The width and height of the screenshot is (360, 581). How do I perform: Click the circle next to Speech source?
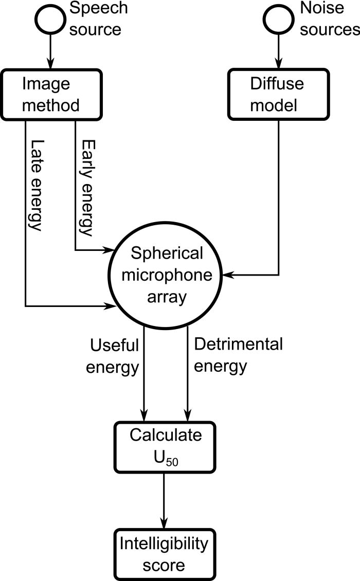(49, 19)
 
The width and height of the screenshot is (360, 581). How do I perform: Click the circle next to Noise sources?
(278, 19)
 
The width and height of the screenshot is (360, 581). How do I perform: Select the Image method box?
(49, 95)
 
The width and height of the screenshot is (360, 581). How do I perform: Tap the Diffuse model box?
(278, 95)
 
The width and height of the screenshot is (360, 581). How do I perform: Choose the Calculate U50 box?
(165, 446)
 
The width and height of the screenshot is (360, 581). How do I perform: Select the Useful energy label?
(114, 355)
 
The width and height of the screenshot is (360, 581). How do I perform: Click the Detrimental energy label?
(238, 355)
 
